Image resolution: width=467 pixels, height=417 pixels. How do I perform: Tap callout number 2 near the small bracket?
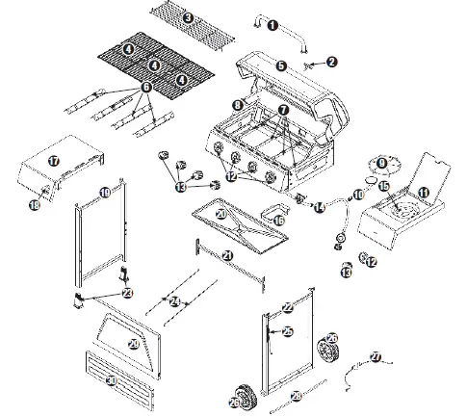(x=332, y=62)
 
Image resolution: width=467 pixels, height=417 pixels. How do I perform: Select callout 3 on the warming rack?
(x=189, y=18)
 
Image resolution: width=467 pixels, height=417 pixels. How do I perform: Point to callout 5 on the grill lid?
(x=281, y=65)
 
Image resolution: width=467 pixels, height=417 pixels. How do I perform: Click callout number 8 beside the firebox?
(x=236, y=103)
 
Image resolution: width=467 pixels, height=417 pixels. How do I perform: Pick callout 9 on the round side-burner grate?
(x=381, y=163)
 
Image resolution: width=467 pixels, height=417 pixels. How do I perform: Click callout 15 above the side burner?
(x=383, y=185)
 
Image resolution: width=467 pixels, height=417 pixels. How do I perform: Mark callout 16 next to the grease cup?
(x=279, y=221)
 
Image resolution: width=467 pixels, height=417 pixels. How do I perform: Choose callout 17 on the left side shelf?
(x=54, y=161)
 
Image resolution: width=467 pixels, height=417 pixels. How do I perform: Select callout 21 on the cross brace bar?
(x=227, y=255)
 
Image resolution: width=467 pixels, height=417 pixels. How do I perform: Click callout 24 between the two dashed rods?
(x=174, y=302)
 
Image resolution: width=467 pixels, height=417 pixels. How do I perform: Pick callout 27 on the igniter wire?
(x=376, y=357)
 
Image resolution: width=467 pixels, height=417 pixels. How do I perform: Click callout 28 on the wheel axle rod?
(x=297, y=396)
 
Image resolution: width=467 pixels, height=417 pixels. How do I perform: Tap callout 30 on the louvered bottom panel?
(x=112, y=381)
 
